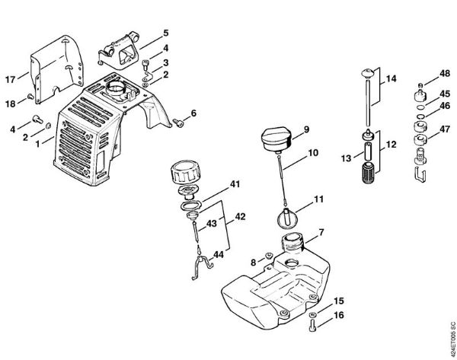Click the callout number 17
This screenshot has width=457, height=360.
[x=11, y=79]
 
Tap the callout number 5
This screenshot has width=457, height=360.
[x=165, y=33]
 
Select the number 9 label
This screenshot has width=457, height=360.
[x=306, y=129]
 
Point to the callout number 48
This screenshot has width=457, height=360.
[x=445, y=74]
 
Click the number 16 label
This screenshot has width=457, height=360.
[x=339, y=315]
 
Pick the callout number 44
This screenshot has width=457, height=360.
[x=219, y=255]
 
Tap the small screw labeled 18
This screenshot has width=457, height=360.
[x=30, y=96]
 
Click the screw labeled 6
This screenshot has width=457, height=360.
[x=178, y=123]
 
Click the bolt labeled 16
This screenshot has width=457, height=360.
[x=312, y=325]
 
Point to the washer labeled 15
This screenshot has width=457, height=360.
[x=313, y=314]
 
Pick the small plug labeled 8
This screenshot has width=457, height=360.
[x=268, y=256]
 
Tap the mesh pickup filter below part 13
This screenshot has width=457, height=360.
[x=369, y=173]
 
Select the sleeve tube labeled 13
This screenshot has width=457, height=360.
[x=369, y=151]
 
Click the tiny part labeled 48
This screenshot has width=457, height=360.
[x=420, y=85]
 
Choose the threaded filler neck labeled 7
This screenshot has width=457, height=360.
[x=292, y=242]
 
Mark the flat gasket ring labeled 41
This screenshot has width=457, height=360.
[x=190, y=205]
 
